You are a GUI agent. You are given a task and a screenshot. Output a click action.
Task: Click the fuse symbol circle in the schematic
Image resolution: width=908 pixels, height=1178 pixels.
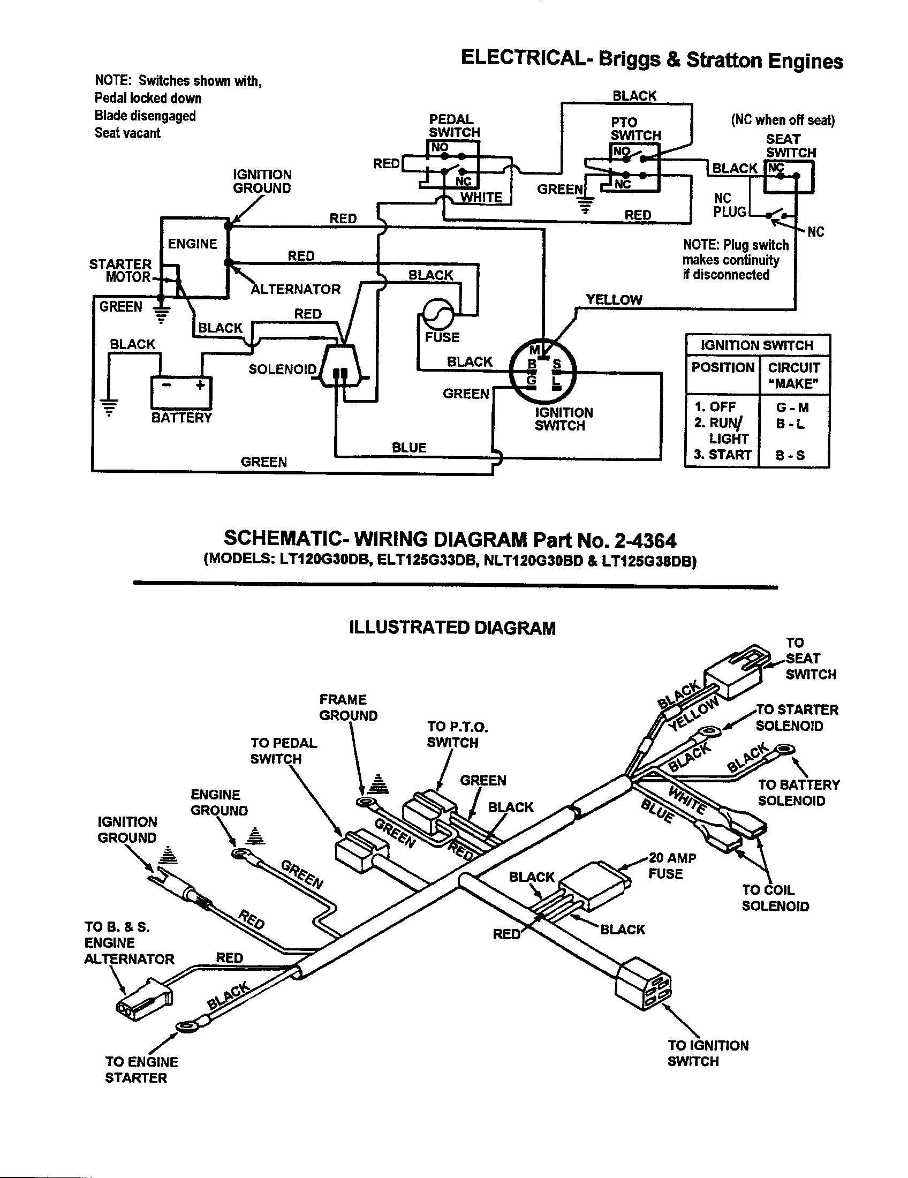pyautogui.click(x=438, y=314)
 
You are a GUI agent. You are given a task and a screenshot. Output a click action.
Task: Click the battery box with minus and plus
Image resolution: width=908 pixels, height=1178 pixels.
pyautogui.click(x=181, y=392)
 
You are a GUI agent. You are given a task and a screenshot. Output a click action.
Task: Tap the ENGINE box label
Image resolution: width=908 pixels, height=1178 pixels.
pyautogui.click(x=192, y=244)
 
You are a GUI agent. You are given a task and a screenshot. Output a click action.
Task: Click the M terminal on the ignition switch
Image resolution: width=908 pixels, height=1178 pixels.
pyautogui.click(x=534, y=351)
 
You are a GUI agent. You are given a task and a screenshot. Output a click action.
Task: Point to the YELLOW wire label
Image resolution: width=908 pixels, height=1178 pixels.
pyautogui.click(x=614, y=300)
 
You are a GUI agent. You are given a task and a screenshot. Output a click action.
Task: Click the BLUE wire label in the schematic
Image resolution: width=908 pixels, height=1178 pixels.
pyautogui.click(x=408, y=448)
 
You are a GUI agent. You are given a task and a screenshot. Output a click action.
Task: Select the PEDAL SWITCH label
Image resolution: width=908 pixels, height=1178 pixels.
pyautogui.click(x=454, y=125)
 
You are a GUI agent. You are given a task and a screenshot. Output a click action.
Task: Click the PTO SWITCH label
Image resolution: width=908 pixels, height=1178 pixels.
pyautogui.click(x=635, y=129)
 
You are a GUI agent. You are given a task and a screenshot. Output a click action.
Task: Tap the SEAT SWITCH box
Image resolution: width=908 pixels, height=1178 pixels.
pyautogui.click(x=789, y=176)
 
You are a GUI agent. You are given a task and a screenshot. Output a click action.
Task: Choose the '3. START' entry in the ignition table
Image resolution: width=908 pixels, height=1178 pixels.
pyautogui.click(x=723, y=455)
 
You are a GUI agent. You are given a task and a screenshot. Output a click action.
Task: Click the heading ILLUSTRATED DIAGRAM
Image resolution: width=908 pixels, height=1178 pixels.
pyautogui.click(x=452, y=628)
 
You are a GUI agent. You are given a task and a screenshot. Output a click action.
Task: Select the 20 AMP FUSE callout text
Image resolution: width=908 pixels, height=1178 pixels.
pyautogui.click(x=672, y=866)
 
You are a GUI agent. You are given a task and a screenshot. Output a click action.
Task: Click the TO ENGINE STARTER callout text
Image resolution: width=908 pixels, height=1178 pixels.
pyautogui.click(x=141, y=1070)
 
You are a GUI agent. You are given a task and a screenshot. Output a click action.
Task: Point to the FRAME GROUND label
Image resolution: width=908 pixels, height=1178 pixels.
pyautogui.click(x=348, y=707)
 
